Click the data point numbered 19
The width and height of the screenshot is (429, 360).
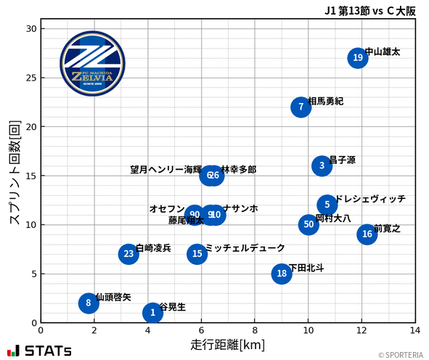[357, 58]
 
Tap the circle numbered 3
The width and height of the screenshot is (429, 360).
[322, 166]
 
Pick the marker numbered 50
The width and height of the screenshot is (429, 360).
[309, 225]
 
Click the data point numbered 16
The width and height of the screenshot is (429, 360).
[367, 234]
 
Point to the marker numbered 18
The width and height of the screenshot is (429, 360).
[282, 274]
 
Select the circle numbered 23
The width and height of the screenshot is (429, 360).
[128, 254]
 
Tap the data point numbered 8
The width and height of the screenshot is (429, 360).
[89, 303]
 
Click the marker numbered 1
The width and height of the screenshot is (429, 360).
[152, 313]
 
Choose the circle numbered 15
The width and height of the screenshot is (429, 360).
[197, 254]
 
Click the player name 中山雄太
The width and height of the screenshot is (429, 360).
[382, 52]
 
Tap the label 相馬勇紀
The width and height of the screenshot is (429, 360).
[326, 101]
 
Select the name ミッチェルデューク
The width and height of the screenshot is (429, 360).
[245, 248]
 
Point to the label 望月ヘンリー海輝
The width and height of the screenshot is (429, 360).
[166, 170]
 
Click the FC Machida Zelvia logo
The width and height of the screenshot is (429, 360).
[92, 64]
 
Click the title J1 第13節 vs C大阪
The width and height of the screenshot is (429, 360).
[370, 10]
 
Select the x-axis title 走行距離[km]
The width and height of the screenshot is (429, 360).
[228, 345]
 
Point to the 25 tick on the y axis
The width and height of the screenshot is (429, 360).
[30, 78]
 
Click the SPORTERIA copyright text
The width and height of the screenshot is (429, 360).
[401, 355]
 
